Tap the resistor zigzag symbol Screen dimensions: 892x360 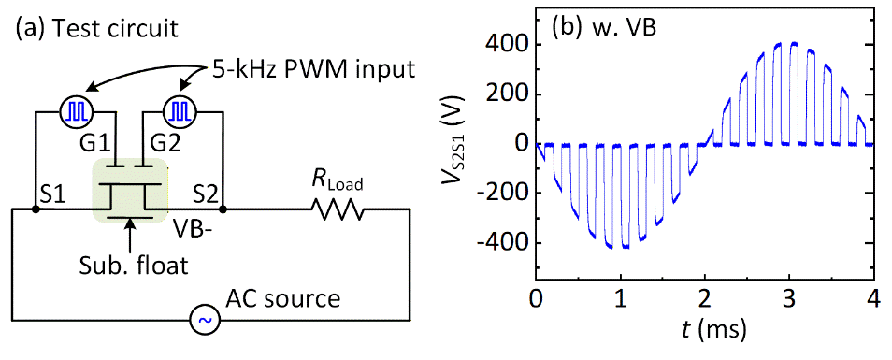click(x=337, y=209)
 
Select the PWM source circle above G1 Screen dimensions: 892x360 click(x=76, y=111)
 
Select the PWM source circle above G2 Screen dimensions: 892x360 click(x=180, y=111)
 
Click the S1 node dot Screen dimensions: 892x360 click(x=36, y=209)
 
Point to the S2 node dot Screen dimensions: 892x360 click(x=223, y=209)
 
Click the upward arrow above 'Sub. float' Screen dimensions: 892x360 click(x=132, y=235)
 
